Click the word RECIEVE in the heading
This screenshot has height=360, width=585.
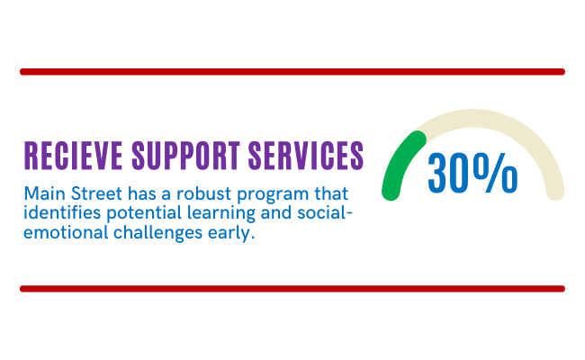coord(74,156)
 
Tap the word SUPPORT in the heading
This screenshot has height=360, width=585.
coord(185,156)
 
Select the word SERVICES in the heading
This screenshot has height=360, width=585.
coord(306,156)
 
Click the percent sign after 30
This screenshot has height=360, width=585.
coord(496,174)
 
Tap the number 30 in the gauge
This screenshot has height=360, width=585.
coord(449,174)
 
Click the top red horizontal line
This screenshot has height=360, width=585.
coord(292,72)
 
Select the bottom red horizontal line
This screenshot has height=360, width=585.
coord(292,289)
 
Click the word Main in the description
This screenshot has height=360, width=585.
coord(44,193)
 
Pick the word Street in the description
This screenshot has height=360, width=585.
coord(96,193)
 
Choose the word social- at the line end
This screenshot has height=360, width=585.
coord(325,212)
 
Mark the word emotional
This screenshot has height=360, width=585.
coord(66,232)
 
